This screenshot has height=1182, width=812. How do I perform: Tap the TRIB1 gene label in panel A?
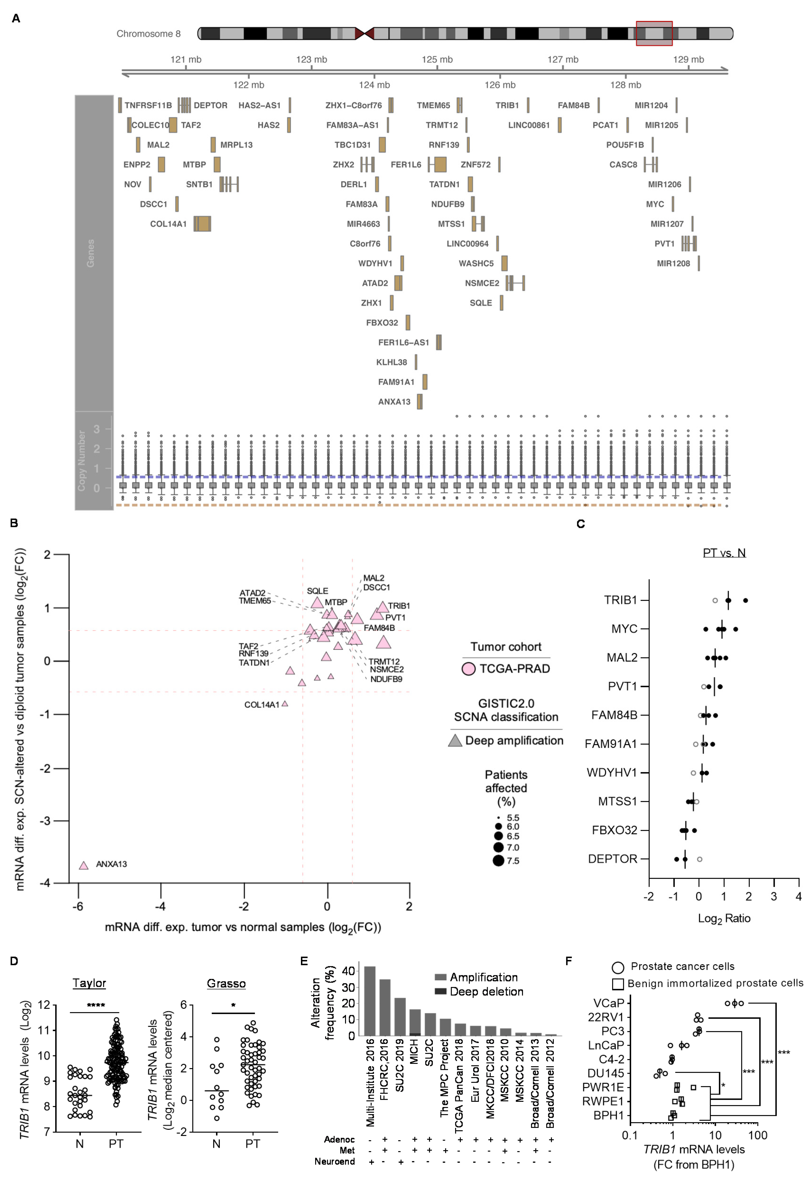507,105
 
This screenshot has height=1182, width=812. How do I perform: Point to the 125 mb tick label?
437,60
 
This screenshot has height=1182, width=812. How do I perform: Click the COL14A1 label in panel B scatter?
262,705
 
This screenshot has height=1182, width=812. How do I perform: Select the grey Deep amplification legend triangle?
455,741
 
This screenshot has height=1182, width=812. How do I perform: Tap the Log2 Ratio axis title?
724,919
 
